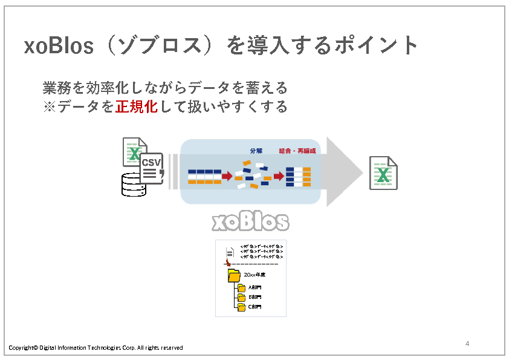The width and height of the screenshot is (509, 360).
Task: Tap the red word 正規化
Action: click(x=136, y=106)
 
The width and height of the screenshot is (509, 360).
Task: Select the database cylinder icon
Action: click(x=134, y=185)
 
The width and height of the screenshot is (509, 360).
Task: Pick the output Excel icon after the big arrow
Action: click(x=383, y=173)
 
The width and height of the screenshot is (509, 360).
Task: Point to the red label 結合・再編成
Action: click(x=297, y=150)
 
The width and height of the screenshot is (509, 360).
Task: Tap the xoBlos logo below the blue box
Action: click(x=250, y=221)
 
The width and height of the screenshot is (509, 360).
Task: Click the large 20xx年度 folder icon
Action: click(x=234, y=276)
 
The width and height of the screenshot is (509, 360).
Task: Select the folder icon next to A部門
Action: click(x=241, y=288)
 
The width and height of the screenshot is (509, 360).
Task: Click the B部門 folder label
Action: click(x=254, y=297)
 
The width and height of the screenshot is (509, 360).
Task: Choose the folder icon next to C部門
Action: click(x=241, y=307)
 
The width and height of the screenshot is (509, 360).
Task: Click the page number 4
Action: click(x=467, y=344)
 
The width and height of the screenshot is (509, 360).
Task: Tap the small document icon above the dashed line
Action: click(x=230, y=252)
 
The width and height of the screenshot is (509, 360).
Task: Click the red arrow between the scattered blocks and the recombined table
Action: click(x=278, y=176)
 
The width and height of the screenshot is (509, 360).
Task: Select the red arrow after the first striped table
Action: click(x=227, y=176)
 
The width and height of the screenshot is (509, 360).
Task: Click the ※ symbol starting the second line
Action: click(x=50, y=106)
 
